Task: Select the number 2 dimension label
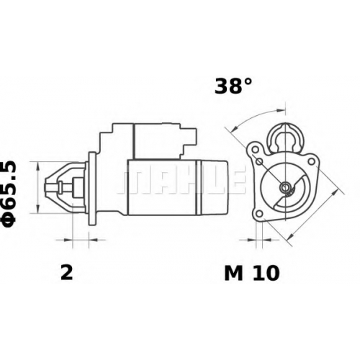(x=66, y=273)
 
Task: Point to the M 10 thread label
(x=252, y=273)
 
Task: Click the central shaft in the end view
(x=286, y=186)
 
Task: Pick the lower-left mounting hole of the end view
(x=259, y=213)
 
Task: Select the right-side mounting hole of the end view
(x=311, y=161)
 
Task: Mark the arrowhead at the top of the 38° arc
(x=281, y=111)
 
